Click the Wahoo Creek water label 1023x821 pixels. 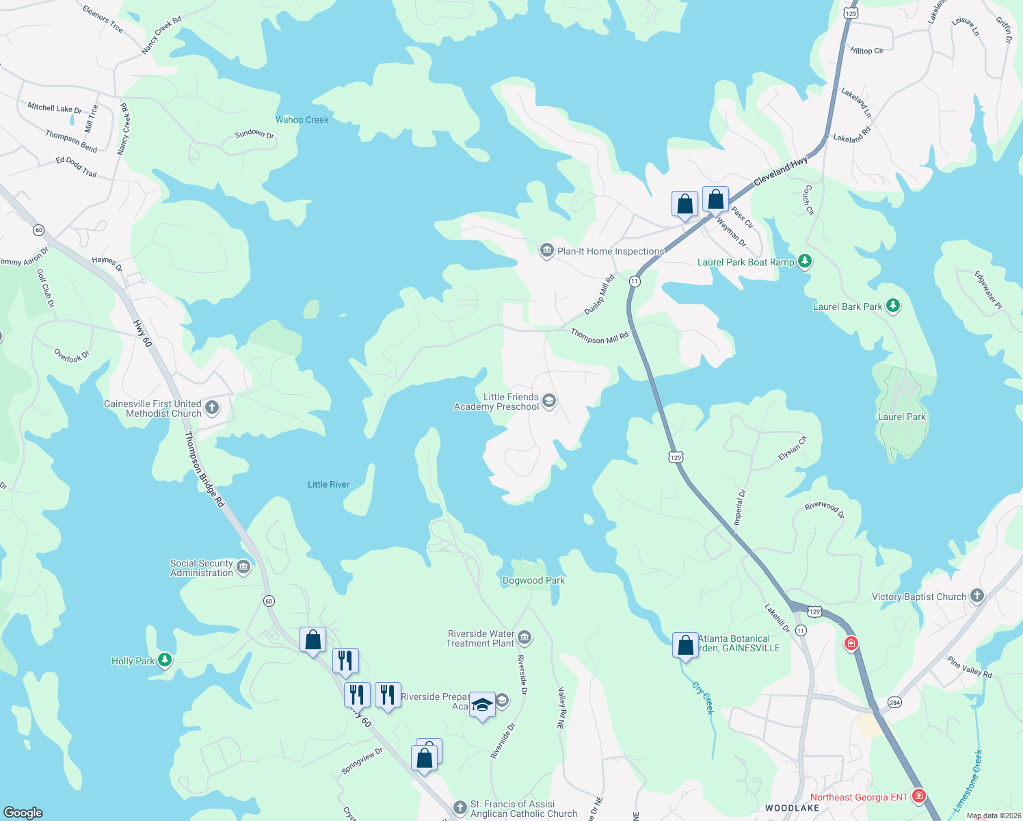tap(302, 120)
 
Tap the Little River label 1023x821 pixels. tap(328, 484)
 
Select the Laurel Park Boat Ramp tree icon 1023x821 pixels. tap(805, 261)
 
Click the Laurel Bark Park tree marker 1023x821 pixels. tap(892, 306)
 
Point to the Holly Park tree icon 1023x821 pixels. tap(164, 660)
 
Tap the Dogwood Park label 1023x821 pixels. tap(533, 580)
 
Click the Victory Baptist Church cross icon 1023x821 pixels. tap(977, 596)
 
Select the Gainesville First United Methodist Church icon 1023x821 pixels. tap(212, 408)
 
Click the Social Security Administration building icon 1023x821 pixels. tap(243, 567)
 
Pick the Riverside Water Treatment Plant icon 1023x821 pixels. tap(524, 638)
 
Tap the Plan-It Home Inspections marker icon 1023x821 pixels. tap(546, 251)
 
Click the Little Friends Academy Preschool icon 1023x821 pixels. tap(548, 401)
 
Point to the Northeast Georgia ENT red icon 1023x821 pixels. tap(919, 796)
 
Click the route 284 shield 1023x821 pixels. tap(894, 702)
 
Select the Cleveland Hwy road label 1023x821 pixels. tap(780, 171)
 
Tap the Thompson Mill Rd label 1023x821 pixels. tap(599, 336)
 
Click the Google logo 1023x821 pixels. tap(23, 812)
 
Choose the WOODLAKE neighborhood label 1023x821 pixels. tap(792, 808)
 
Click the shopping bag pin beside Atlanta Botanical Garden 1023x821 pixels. tap(685, 645)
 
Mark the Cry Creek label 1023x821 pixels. tap(704, 698)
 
